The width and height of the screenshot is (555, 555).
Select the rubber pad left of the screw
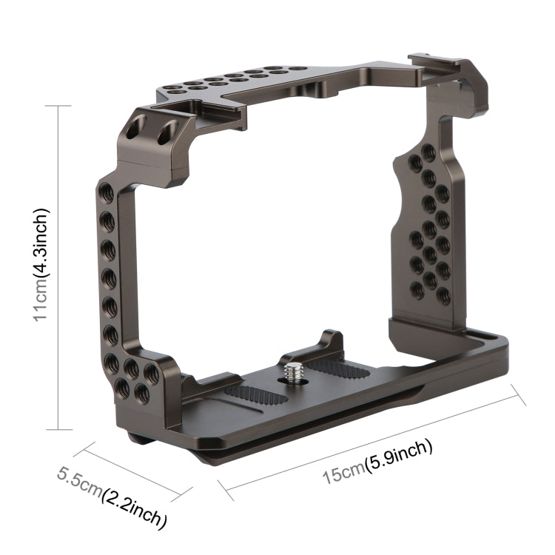click(x=255, y=395)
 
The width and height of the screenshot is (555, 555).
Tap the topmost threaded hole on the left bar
click(x=107, y=195)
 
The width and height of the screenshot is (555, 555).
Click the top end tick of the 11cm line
click(x=58, y=106)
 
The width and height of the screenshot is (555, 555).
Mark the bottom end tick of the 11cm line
click(x=58, y=429)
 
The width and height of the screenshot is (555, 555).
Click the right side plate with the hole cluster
click(x=429, y=237)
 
